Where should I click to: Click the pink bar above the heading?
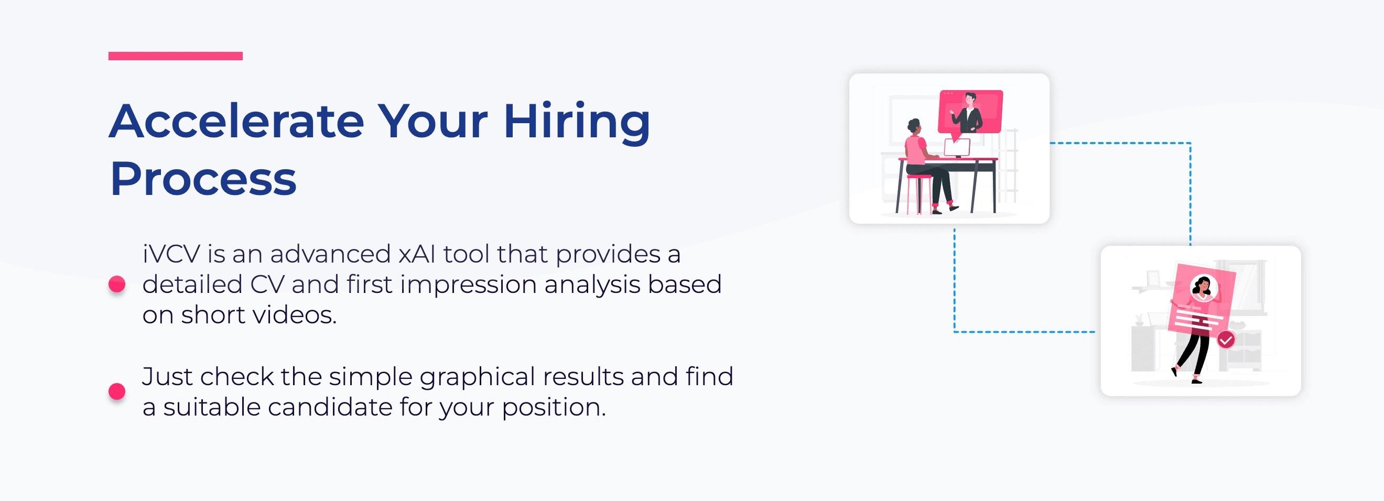click(x=175, y=56)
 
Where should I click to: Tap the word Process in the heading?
click(x=203, y=179)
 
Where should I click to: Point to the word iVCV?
click(x=171, y=254)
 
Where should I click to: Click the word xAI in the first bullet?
click(x=417, y=254)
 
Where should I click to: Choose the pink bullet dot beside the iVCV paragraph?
click(x=117, y=284)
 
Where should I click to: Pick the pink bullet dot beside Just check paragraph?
click(x=117, y=391)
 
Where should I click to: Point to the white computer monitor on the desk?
click(x=957, y=148)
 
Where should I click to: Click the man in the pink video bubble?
click(x=969, y=112)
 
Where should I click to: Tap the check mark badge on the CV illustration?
click(x=1226, y=340)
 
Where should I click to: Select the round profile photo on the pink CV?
click(x=1203, y=288)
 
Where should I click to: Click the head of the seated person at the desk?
click(x=914, y=127)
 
